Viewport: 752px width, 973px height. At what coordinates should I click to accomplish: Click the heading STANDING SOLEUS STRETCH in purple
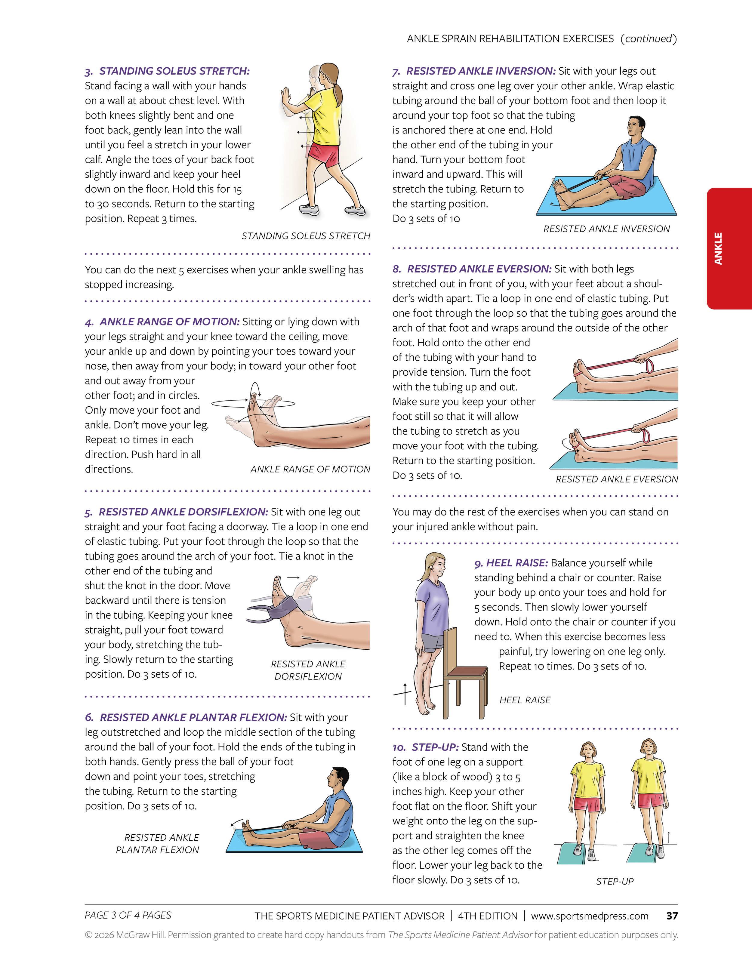coord(174,71)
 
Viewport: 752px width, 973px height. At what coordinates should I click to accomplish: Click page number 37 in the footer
coord(671,916)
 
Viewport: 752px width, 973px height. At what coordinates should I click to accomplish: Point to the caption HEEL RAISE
coord(525,700)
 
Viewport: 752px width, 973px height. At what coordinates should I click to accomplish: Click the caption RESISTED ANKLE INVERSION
coord(606,229)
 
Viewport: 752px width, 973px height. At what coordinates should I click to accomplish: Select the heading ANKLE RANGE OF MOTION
coord(169,322)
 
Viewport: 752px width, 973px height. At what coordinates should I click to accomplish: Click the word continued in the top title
coord(648,39)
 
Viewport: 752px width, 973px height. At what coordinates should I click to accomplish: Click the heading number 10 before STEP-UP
coord(399,747)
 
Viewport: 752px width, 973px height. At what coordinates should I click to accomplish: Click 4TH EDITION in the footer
coord(488,916)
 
